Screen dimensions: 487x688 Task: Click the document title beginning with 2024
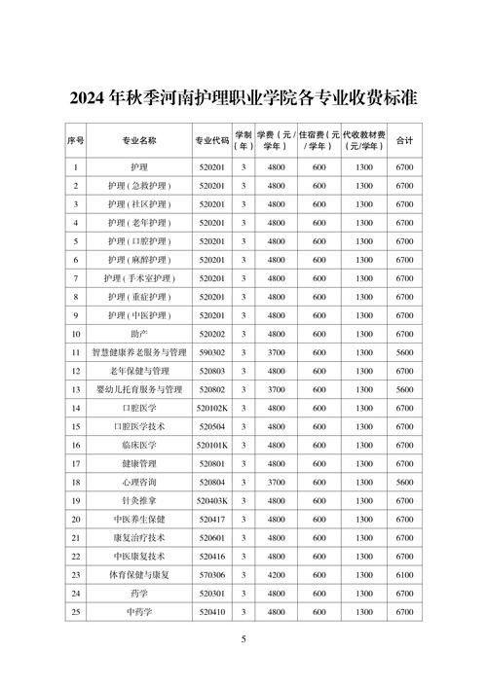(243, 98)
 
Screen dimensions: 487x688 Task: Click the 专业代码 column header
(210, 140)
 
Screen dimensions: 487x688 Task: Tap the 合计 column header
(405, 140)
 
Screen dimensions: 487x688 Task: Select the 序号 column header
(76, 140)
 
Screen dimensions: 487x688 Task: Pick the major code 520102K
(211, 409)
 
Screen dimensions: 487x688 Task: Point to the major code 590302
(211, 352)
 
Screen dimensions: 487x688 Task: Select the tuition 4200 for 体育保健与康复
(277, 575)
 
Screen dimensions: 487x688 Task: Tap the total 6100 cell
(405, 575)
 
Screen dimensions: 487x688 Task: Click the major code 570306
(211, 575)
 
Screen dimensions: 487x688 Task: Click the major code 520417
(211, 520)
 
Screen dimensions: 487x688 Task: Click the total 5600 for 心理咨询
(405, 483)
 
